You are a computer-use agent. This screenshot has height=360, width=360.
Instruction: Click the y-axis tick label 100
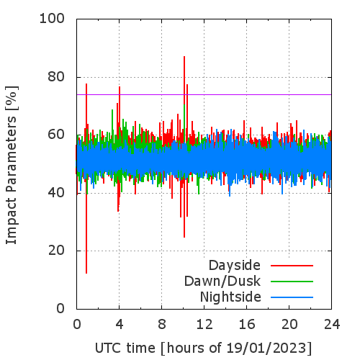click(52, 19)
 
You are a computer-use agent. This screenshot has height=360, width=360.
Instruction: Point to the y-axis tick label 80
click(56, 77)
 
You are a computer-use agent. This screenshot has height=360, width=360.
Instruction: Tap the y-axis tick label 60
click(56, 135)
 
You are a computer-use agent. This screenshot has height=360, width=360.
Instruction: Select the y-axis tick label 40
click(56, 192)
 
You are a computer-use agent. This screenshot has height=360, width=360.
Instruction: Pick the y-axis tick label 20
click(56, 251)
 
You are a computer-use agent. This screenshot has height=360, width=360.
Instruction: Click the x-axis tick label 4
click(120, 325)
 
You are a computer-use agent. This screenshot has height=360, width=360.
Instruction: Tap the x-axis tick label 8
click(162, 325)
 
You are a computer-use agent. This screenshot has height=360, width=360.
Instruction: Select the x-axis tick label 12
click(204, 325)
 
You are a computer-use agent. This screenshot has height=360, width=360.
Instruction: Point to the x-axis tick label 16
click(247, 325)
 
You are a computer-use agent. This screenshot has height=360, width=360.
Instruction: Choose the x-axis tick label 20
click(289, 325)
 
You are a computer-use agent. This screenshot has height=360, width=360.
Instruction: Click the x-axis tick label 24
click(332, 325)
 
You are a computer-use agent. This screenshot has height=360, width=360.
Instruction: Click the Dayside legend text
click(235, 266)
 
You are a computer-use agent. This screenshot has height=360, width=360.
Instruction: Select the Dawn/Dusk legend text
click(222, 282)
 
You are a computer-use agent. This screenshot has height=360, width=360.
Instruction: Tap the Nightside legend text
click(230, 297)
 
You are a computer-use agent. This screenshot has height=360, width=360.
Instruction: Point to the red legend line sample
click(292, 266)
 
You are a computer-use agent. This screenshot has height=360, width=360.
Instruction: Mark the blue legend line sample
click(292, 297)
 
